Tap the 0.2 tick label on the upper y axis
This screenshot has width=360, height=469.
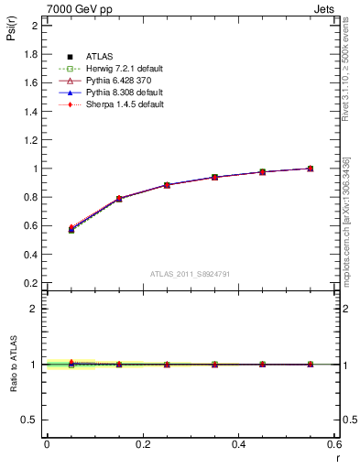pyautogui.click(x=31, y=283)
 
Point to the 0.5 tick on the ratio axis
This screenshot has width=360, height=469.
pyautogui.click(x=31, y=420)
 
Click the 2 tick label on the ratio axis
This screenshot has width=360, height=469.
pyautogui.click(x=36, y=309)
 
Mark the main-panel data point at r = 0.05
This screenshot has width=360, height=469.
pyautogui.click(x=71, y=229)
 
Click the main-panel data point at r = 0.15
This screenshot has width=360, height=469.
pyautogui.click(x=119, y=198)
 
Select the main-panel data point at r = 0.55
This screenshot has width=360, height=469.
pyautogui.click(x=311, y=169)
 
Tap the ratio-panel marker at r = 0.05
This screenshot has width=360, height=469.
pyautogui.click(x=71, y=364)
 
